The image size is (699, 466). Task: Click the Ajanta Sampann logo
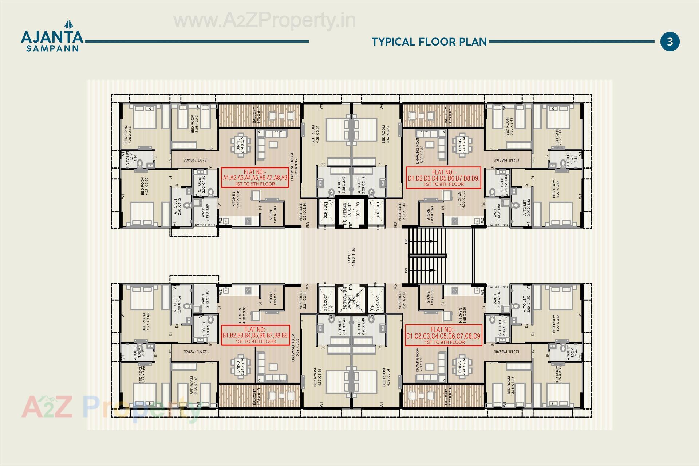[52, 36]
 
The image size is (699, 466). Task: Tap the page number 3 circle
[670, 42]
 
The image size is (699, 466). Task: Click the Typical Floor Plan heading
[429, 42]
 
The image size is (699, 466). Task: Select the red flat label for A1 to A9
[255, 178]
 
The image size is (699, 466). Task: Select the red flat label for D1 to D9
[443, 178]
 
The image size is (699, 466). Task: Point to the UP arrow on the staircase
[422, 241]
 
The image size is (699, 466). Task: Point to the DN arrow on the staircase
[422, 270]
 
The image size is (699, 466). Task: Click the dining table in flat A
[241, 145]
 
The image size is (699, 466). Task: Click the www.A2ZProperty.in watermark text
[264, 21]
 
